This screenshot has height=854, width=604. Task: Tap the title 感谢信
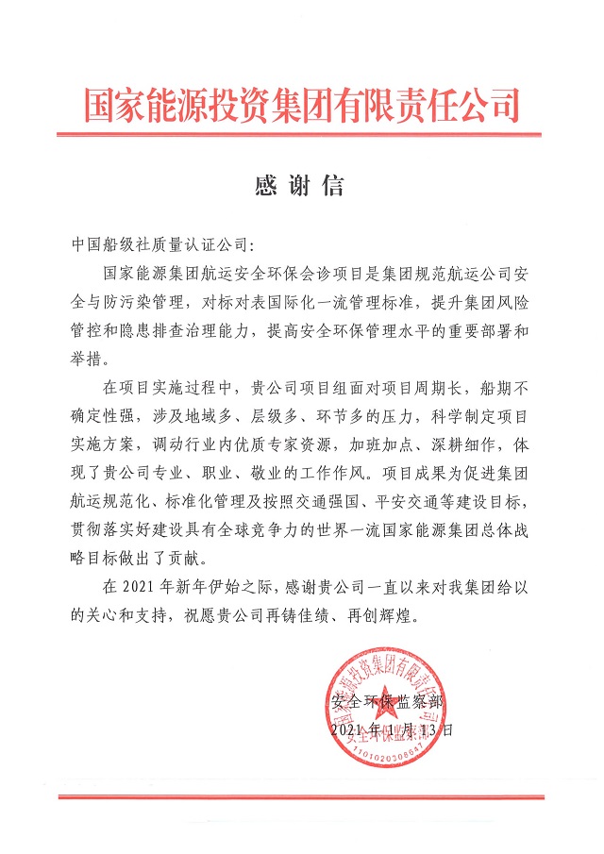tap(299, 185)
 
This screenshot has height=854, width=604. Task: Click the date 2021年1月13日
tap(386, 728)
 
